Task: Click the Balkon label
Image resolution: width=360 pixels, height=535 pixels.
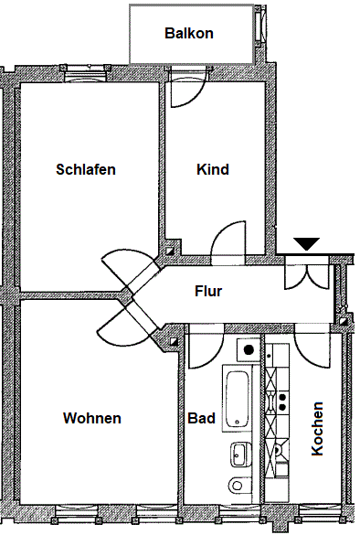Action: click(x=189, y=34)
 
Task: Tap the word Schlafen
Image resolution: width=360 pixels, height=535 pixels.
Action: click(x=86, y=169)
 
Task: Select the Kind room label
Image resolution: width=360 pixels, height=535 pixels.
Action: click(x=213, y=169)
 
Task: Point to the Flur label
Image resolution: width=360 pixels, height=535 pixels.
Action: click(x=208, y=293)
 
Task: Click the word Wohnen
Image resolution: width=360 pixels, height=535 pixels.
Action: click(x=92, y=418)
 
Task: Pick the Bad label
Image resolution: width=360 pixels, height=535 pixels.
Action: click(x=201, y=418)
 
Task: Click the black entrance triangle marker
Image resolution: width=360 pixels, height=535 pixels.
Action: click(x=306, y=243)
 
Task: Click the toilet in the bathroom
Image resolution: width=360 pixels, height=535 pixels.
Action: click(x=237, y=486)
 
